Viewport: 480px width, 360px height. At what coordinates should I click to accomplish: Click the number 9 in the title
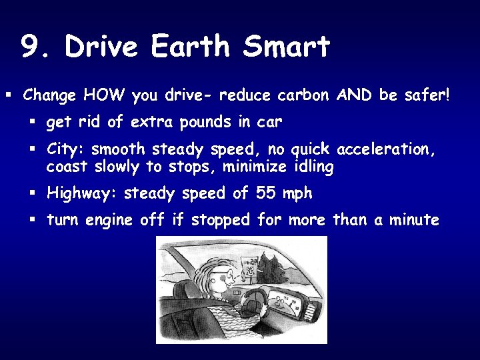[31, 47]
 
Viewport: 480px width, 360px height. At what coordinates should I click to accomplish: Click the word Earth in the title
[193, 47]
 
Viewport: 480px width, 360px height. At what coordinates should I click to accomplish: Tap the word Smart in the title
[287, 47]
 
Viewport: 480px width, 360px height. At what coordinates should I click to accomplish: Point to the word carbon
[301, 96]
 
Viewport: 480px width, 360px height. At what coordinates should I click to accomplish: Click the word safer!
[427, 96]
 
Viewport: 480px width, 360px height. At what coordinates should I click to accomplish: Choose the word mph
[297, 194]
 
